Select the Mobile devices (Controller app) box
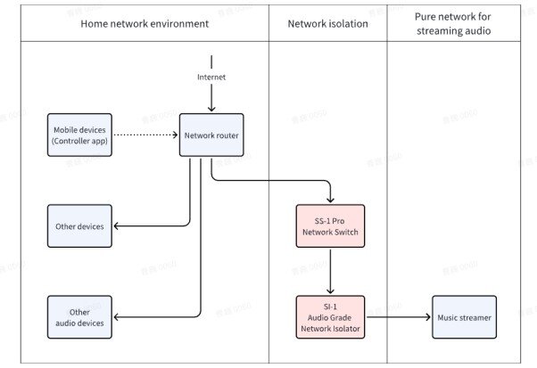coord(80,135)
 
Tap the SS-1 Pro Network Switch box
coord(331,226)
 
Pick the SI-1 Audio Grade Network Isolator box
coord(331,317)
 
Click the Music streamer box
coord(464,317)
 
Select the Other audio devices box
coord(80,317)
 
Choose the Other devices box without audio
coord(80,226)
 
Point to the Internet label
coord(211,78)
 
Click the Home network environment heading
coord(145,24)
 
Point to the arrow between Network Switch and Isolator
coord(331,272)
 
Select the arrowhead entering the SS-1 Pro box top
coord(331,200)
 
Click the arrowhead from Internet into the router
coord(211,108)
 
